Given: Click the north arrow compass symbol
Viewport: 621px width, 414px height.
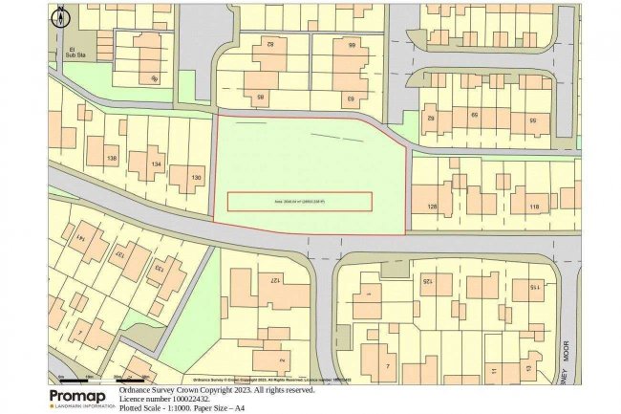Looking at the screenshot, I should click(61, 15).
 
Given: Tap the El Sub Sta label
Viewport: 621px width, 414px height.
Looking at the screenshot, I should click(66, 54).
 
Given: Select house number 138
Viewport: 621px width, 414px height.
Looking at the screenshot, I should click(113, 159).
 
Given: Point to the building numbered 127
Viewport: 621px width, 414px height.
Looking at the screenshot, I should click(273, 280).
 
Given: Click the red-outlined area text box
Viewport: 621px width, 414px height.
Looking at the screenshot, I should click(299, 202).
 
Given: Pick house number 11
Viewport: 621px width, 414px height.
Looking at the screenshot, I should click(492, 369).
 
